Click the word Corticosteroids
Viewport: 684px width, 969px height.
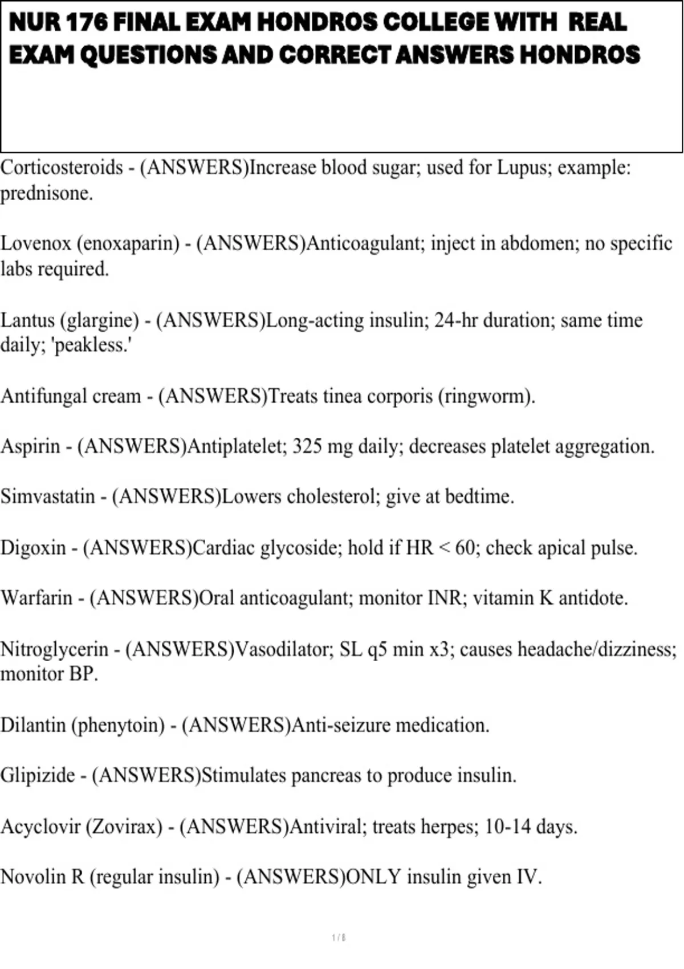point(62,168)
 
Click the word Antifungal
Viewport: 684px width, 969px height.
point(40,396)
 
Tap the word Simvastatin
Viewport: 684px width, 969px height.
point(47,496)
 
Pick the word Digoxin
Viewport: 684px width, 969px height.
point(33,548)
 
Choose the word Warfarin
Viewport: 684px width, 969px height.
point(36,598)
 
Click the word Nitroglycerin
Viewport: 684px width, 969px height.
point(54,649)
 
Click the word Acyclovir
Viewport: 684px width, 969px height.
point(40,826)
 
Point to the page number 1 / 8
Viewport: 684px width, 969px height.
point(339,938)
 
